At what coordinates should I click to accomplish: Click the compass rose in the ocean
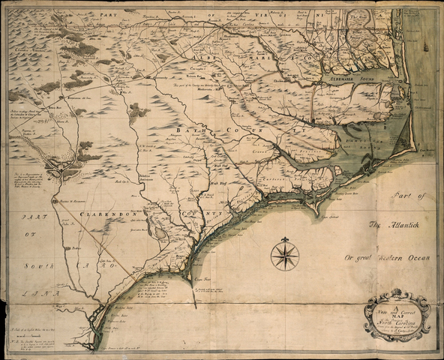[x=284, y=255]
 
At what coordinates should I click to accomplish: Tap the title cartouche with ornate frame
[x=397, y=312]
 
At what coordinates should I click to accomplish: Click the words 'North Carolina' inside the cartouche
[x=398, y=313]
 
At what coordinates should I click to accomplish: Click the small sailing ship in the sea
[x=425, y=46]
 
